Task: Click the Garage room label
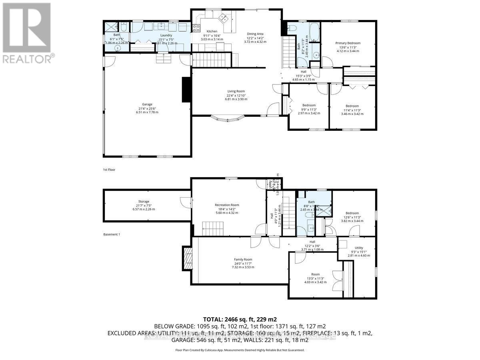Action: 147,104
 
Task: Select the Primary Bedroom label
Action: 348,43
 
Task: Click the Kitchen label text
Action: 212,31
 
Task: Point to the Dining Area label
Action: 255,34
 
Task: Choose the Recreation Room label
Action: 226,205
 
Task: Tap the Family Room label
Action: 243,259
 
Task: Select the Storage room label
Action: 144,202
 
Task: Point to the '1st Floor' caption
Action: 109,170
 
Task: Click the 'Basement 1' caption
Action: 111,234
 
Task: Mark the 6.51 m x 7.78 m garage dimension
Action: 147,112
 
